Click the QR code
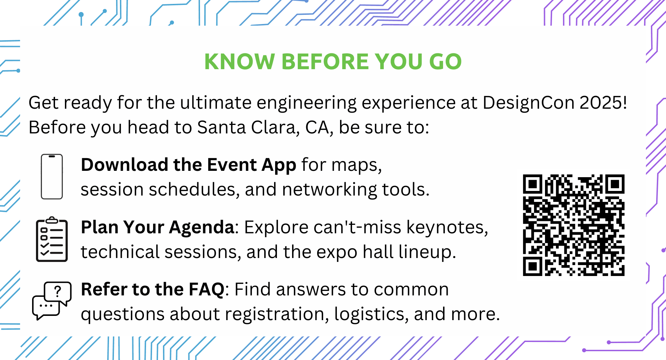coord(574,225)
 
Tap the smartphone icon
coord(52,176)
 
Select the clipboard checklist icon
coord(52,239)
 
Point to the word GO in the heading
coord(445,62)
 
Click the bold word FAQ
coord(207,289)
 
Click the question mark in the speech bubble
coord(58,291)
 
